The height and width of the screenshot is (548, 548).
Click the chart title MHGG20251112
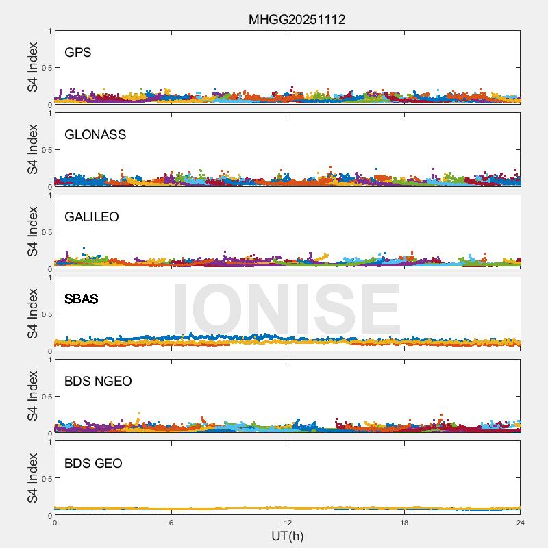297,19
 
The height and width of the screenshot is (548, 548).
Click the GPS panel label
78,53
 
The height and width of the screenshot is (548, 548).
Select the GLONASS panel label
95,135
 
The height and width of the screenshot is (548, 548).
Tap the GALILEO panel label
92,217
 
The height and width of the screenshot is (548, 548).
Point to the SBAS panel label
82,299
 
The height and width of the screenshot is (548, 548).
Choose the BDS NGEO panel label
98,382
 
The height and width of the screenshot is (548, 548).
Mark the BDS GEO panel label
93,464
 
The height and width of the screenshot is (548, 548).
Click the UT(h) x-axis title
288,536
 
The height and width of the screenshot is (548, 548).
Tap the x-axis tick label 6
171,523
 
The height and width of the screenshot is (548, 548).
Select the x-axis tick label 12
288,523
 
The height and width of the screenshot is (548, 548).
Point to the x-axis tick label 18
404,523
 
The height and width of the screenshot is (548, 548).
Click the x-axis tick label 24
521,523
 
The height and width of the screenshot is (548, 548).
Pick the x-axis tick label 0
55,523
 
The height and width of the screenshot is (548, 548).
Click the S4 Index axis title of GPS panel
33,67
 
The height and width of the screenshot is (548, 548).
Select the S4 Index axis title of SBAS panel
33,314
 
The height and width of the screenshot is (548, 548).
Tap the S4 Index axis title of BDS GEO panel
33,478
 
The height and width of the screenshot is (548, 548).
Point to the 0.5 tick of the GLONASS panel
46,150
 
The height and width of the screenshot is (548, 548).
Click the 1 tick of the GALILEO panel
50,196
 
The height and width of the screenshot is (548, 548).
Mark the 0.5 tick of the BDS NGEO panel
46,397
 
